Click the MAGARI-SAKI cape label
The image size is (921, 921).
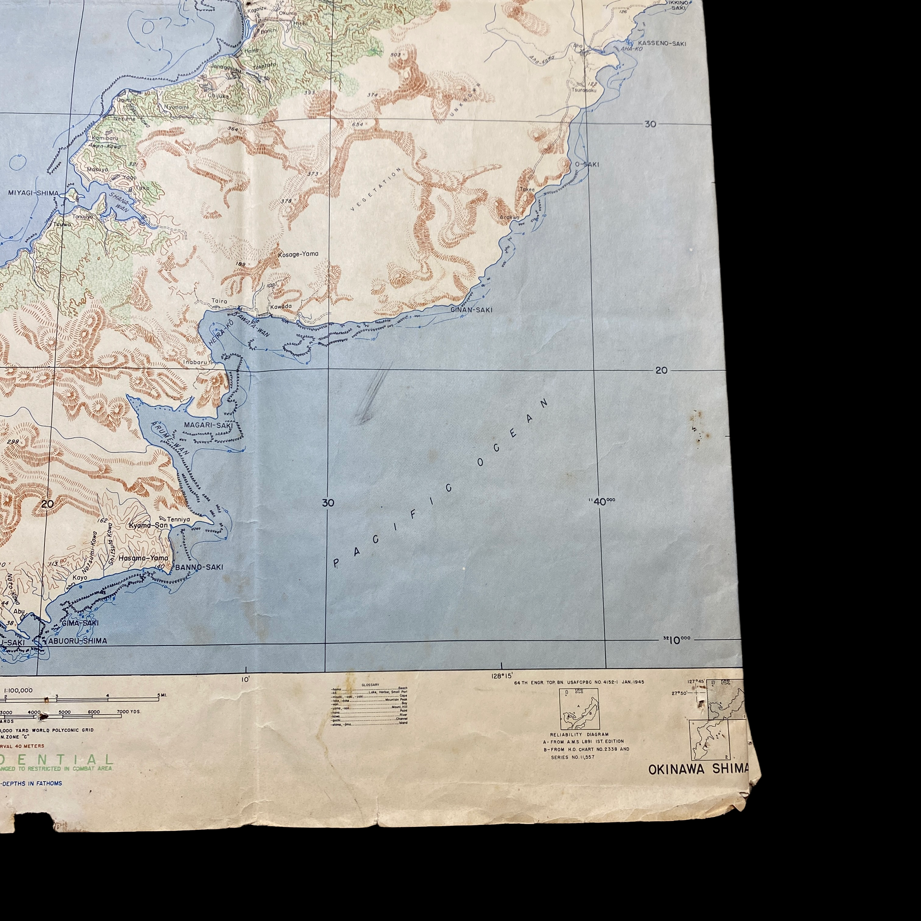(x=208, y=425)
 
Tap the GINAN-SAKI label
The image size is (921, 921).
(x=471, y=310)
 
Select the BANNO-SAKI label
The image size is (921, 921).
(x=199, y=567)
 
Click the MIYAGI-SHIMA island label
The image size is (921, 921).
(x=33, y=193)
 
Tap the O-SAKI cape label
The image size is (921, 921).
(x=587, y=165)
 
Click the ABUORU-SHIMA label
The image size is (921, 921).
(x=77, y=641)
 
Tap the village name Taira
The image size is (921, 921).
(x=219, y=301)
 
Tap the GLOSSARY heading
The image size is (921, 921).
(x=370, y=684)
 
